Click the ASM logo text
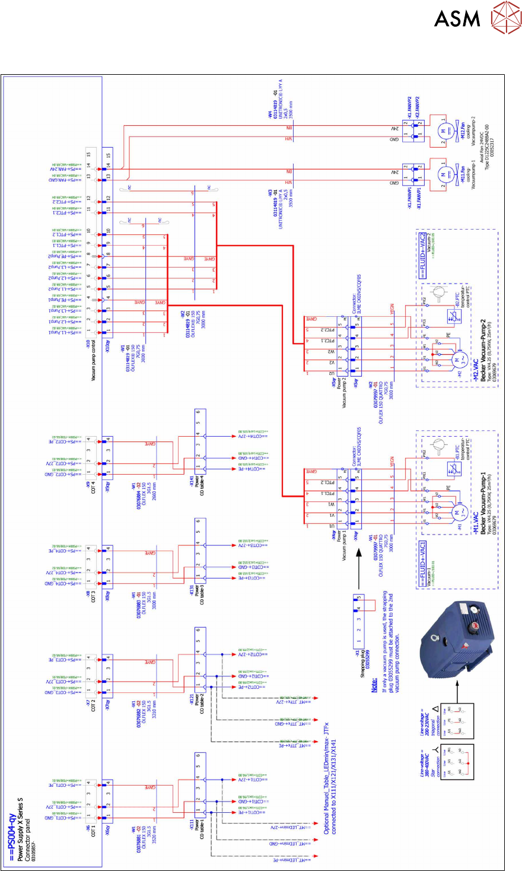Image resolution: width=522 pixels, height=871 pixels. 457,18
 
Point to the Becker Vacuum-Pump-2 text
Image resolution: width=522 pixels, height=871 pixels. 484,350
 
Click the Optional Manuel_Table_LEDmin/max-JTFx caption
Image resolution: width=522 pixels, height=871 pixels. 329,786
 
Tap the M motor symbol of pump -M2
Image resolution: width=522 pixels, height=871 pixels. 457,360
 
